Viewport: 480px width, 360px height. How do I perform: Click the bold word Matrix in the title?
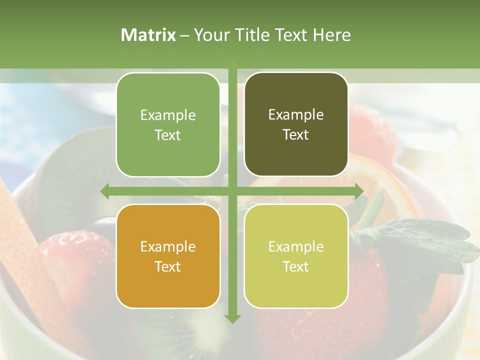coord(148,35)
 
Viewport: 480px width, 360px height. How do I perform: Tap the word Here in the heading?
coord(331,35)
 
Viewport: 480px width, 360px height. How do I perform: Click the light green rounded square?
coord(168,124)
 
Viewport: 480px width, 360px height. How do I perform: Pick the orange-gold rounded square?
coord(168,256)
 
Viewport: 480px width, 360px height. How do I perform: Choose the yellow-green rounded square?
coord(296,256)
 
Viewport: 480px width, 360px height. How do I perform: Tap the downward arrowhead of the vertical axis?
coord(232,318)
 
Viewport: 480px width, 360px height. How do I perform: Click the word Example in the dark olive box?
coord(296,114)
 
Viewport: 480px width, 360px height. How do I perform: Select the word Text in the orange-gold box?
coord(167,266)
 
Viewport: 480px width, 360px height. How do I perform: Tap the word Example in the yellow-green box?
coord(296,246)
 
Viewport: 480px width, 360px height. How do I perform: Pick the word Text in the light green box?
coord(167,135)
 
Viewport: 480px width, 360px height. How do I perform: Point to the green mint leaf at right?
coord(425,240)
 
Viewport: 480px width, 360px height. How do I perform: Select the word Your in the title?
coord(207,35)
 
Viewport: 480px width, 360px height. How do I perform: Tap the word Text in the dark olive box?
coord(296,134)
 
